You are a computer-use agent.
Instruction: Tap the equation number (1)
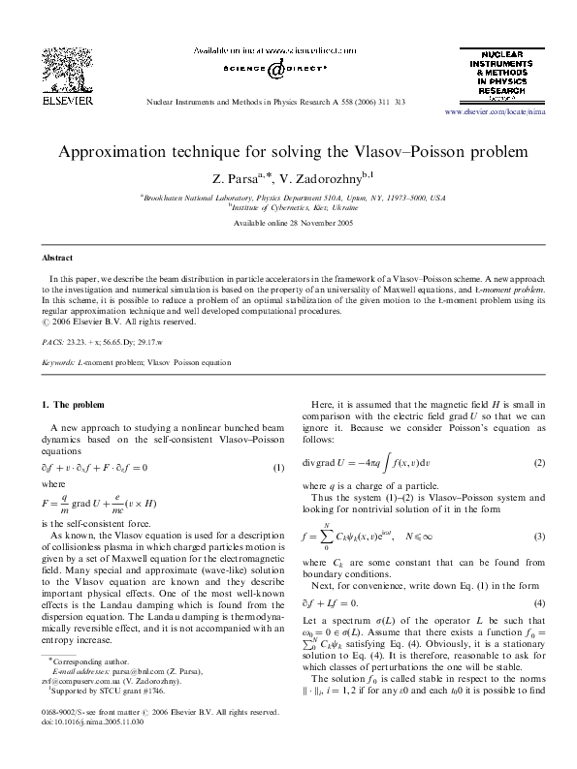[278, 466]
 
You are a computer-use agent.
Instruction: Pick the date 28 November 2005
[320, 224]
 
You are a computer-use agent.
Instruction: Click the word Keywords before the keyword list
[59, 363]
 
